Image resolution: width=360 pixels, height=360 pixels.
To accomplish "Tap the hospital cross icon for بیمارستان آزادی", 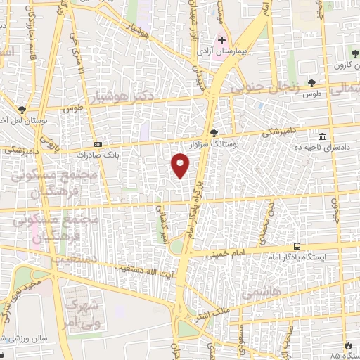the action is point(222,41).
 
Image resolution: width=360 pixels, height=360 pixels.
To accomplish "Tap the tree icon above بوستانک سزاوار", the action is point(214,132).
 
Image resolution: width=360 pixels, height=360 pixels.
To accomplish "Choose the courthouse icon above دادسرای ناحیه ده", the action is point(322,136).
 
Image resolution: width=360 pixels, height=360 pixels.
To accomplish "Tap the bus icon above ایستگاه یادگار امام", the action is point(297,246).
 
